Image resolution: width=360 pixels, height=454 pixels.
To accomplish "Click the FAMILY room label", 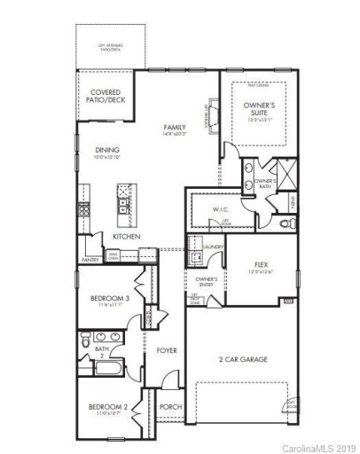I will click(x=175, y=129).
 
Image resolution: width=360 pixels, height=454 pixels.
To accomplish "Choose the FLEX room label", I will click(x=261, y=265).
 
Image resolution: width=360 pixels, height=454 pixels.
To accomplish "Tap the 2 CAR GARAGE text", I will click(x=244, y=359).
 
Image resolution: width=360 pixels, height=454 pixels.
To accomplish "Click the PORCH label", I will click(x=170, y=407).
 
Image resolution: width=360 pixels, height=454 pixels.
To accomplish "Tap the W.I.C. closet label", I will click(x=221, y=210).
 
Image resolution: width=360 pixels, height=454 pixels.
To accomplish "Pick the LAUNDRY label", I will click(x=212, y=247).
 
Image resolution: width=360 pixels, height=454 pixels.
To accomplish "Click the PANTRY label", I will click(x=90, y=260).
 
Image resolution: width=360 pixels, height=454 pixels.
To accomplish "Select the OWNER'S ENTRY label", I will click(x=206, y=281).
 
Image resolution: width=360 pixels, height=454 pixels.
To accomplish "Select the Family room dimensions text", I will click(x=175, y=136).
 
